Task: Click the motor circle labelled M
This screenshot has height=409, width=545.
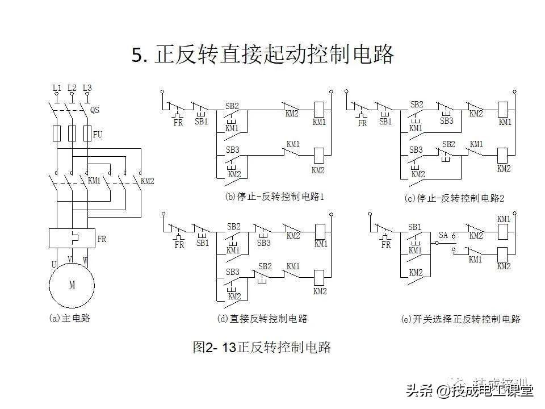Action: [72, 285]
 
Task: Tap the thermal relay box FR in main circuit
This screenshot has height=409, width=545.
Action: [72, 238]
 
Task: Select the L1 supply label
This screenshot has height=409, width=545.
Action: [57, 88]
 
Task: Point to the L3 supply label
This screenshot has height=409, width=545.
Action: [87, 88]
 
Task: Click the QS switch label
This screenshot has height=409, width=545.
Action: [94, 110]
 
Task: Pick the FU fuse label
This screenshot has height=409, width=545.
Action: [98, 135]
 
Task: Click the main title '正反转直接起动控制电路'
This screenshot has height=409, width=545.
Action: [263, 56]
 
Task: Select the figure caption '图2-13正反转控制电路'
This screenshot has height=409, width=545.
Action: [262, 347]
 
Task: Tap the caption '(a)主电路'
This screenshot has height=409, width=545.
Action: [70, 318]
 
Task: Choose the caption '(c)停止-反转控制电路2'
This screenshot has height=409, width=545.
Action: [454, 198]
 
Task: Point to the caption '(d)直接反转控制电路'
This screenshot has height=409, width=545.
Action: [262, 319]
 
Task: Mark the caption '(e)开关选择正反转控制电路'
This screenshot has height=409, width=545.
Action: [460, 319]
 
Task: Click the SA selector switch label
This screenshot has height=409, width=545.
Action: [443, 234]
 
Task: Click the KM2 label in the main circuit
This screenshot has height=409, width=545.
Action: [148, 181]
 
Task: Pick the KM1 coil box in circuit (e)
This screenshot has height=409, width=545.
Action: [503, 232]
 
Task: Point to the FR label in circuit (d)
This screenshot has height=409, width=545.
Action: [179, 245]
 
